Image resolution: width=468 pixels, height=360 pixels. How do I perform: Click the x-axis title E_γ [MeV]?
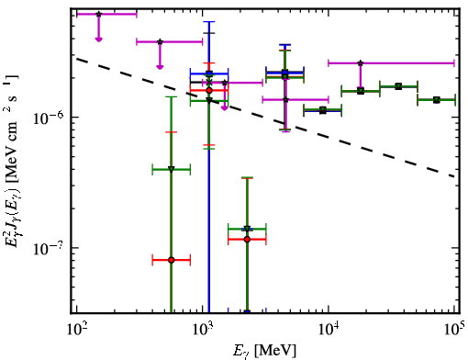(x=264, y=351)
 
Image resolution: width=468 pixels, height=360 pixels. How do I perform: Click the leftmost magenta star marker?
(x=98, y=14)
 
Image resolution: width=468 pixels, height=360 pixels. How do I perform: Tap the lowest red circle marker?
(x=172, y=260)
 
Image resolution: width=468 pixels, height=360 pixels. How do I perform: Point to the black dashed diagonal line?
(x=265, y=118)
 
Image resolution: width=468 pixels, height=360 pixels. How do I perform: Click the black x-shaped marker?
(x=209, y=83)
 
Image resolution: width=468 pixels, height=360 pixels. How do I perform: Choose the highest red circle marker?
(x=209, y=90)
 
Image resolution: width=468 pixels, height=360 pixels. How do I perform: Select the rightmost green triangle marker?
(x=437, y=100)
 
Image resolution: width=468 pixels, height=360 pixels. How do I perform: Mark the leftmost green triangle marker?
(x=172, y=169)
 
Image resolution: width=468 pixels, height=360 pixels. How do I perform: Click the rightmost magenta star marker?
(x=361, y=63)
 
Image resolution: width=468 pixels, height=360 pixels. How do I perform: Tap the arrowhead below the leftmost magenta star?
(x=98, y=39)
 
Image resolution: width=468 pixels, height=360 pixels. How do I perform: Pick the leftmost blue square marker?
(x=209, y=73)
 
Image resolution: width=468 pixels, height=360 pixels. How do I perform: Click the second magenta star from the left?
(x=160, y=41)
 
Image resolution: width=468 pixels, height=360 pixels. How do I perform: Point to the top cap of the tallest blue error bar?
(x=209, y=22)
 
